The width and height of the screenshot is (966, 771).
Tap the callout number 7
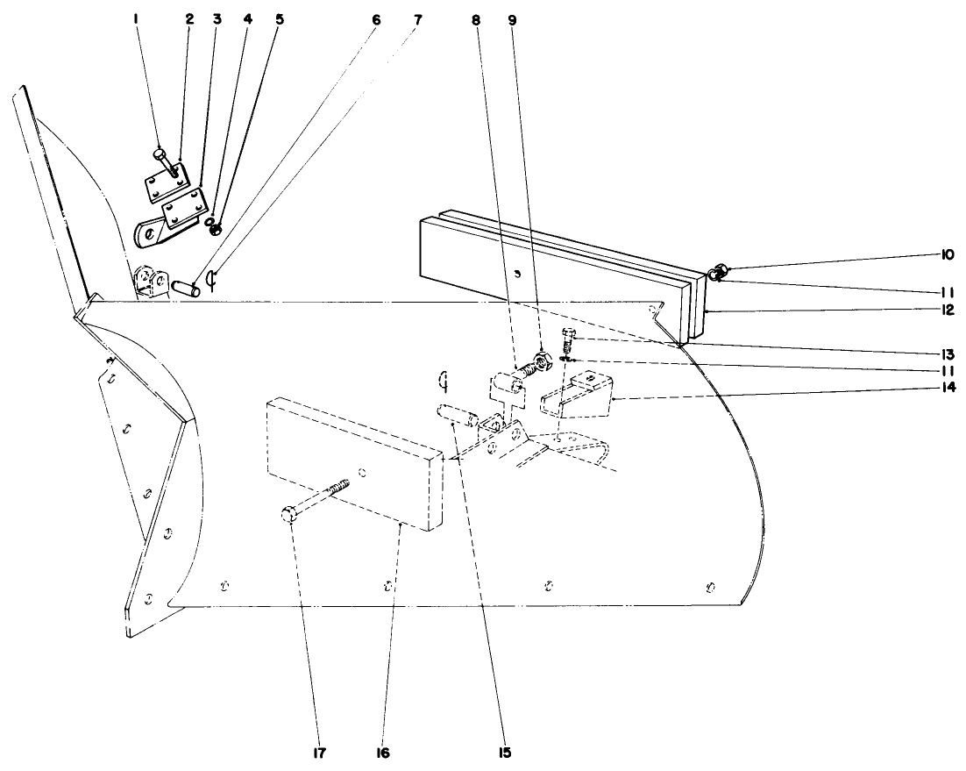click(417, 18)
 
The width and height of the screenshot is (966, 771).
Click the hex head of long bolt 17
click(290, 515)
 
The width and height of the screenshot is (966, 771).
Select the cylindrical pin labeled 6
click(187, 286)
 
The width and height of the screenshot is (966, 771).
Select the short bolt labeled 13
click(567, 338)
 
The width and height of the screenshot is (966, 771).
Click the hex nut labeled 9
click(541, 360)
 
